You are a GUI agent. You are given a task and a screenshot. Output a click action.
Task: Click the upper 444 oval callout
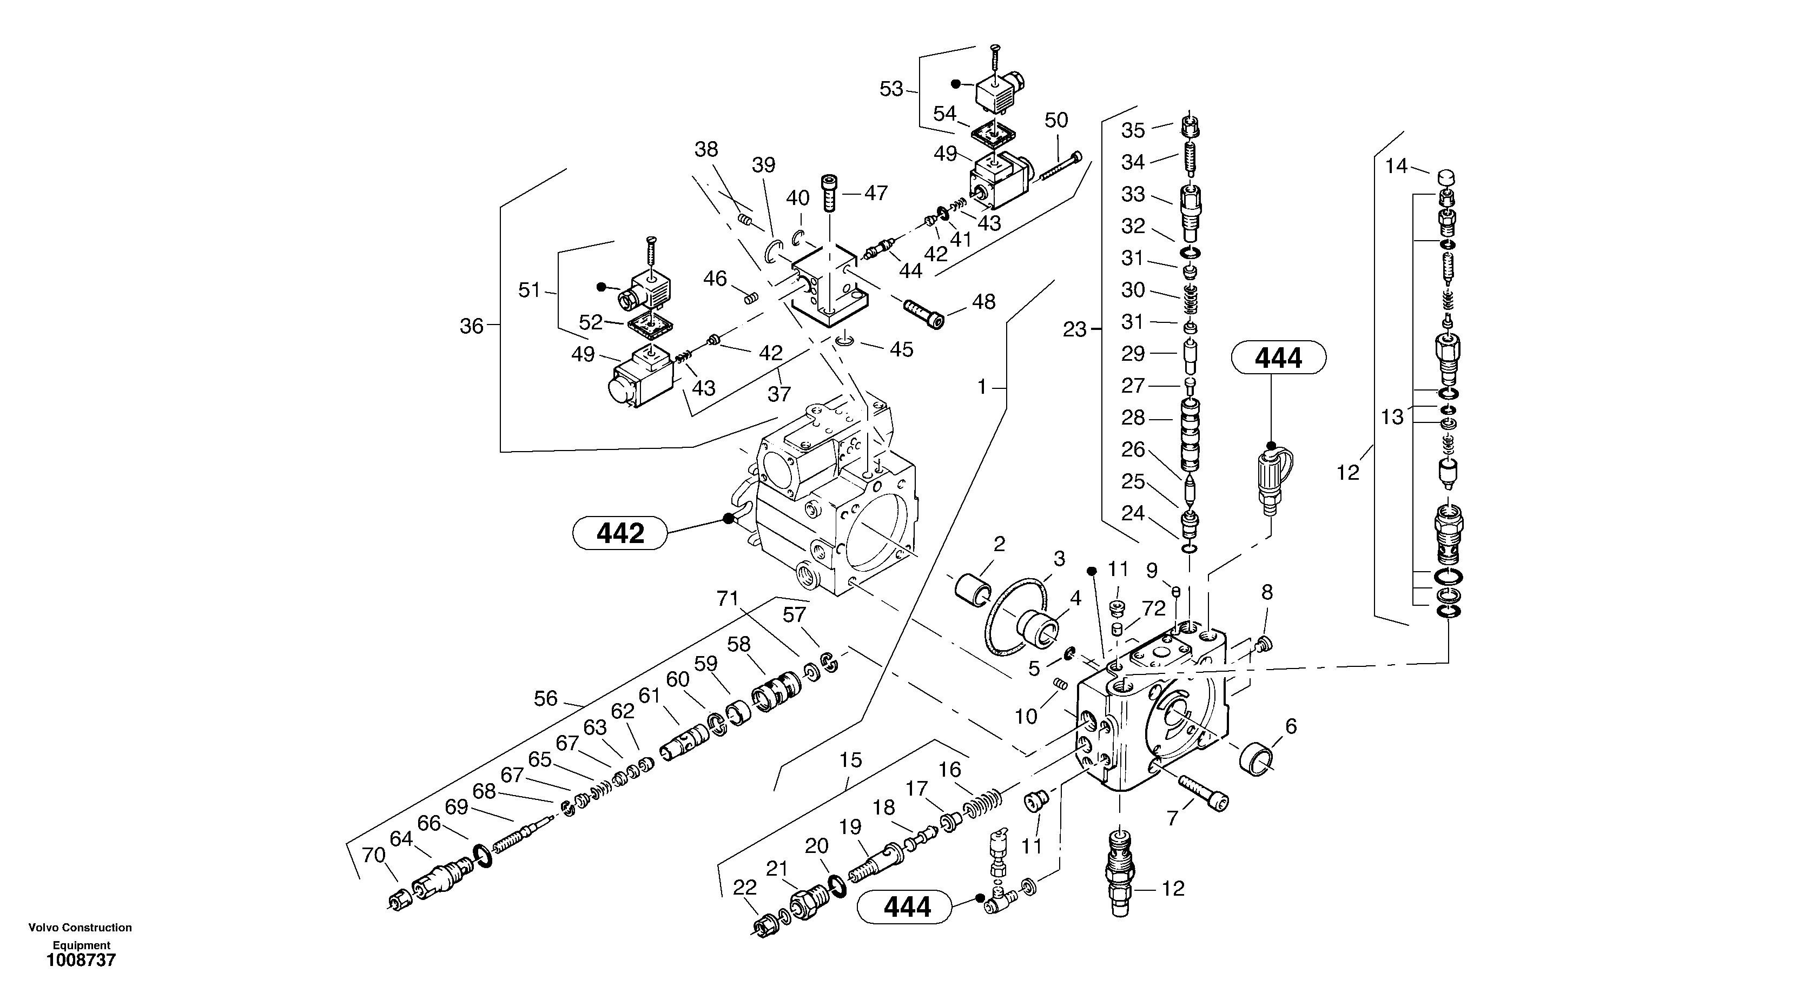click(x=1278, y=358)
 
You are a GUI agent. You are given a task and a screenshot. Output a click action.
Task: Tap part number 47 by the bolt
click(x=875, y=193)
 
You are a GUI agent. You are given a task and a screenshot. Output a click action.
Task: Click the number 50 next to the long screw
click(x=1056, y=121)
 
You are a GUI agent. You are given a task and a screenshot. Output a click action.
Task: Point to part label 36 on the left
click(x=471, y=326)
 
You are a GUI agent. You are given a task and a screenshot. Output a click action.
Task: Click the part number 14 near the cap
click(x=1396, y=166)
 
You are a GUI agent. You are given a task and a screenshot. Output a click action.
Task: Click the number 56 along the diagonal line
click(x=546, y=698)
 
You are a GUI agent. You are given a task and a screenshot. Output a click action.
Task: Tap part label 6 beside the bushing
click(x=1291, y=726)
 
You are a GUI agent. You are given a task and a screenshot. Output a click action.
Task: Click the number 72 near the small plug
click(x=1153, y=608)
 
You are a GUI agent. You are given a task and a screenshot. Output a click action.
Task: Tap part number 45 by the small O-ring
click(x=901, y=349)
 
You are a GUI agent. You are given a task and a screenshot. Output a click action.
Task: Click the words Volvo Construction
click(x=80, y=928)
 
